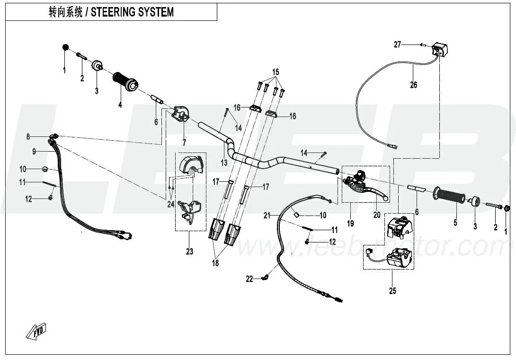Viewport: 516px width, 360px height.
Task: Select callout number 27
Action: pyautogui.click(x=398, y=45)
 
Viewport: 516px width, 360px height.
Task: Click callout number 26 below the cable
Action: pyautogui.click(x=414, y=85)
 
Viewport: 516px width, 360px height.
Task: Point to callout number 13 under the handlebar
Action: pyautogui.click(x=224, y=162)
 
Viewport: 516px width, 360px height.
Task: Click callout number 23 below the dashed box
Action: pyautogui.click(x=189, y=252)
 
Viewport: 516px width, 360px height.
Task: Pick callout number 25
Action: pyautogui.click(x=392, y=290)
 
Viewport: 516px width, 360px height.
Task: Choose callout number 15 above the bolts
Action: pyautogui.click(x=276, y=72)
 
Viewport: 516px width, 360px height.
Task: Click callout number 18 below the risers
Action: pyautogui.click(x=215, y=263)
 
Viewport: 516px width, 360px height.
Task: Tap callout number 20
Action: pyautogui.click(x=377, y=215)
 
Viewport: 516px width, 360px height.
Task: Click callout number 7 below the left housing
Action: pyautogui.click(x=185, y=142)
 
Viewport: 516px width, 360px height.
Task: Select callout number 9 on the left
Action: pyautogui.click(x=34, y=152)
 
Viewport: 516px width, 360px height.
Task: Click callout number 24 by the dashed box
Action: pyautogui.click(x=170, y=205)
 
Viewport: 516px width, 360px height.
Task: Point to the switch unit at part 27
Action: pyautogui.click(x=440, y=49)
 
